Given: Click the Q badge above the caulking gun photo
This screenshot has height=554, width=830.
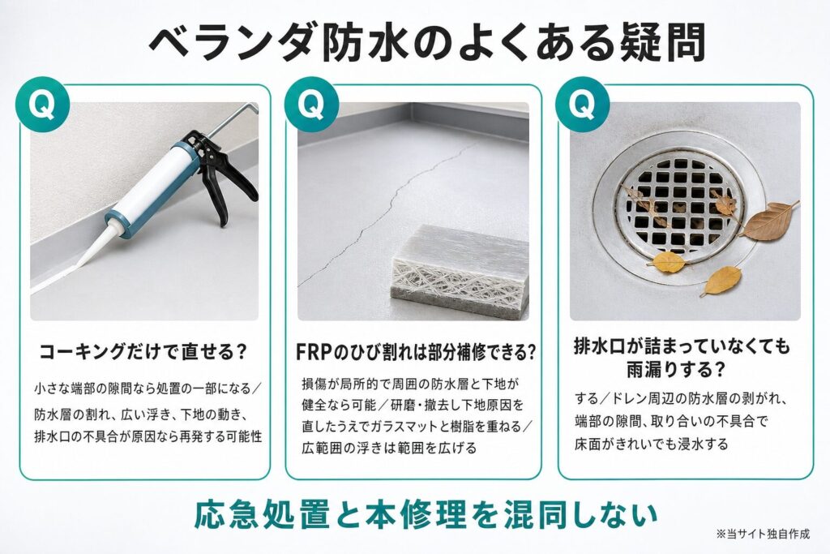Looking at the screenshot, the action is click(42, 105).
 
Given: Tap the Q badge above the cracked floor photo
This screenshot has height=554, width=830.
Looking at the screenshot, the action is click(311, 105).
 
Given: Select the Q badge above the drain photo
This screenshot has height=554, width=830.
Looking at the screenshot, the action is click(582, 105).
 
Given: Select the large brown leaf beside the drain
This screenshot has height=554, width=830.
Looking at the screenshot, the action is click(770, 221).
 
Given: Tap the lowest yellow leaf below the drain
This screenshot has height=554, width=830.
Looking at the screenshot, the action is click(721, 281).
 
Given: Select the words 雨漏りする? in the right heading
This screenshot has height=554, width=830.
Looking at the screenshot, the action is click(675, 369).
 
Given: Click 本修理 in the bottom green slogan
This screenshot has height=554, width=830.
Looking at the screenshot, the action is click(417, 513).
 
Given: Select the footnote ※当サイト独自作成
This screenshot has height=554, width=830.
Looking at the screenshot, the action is click(764, 534).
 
